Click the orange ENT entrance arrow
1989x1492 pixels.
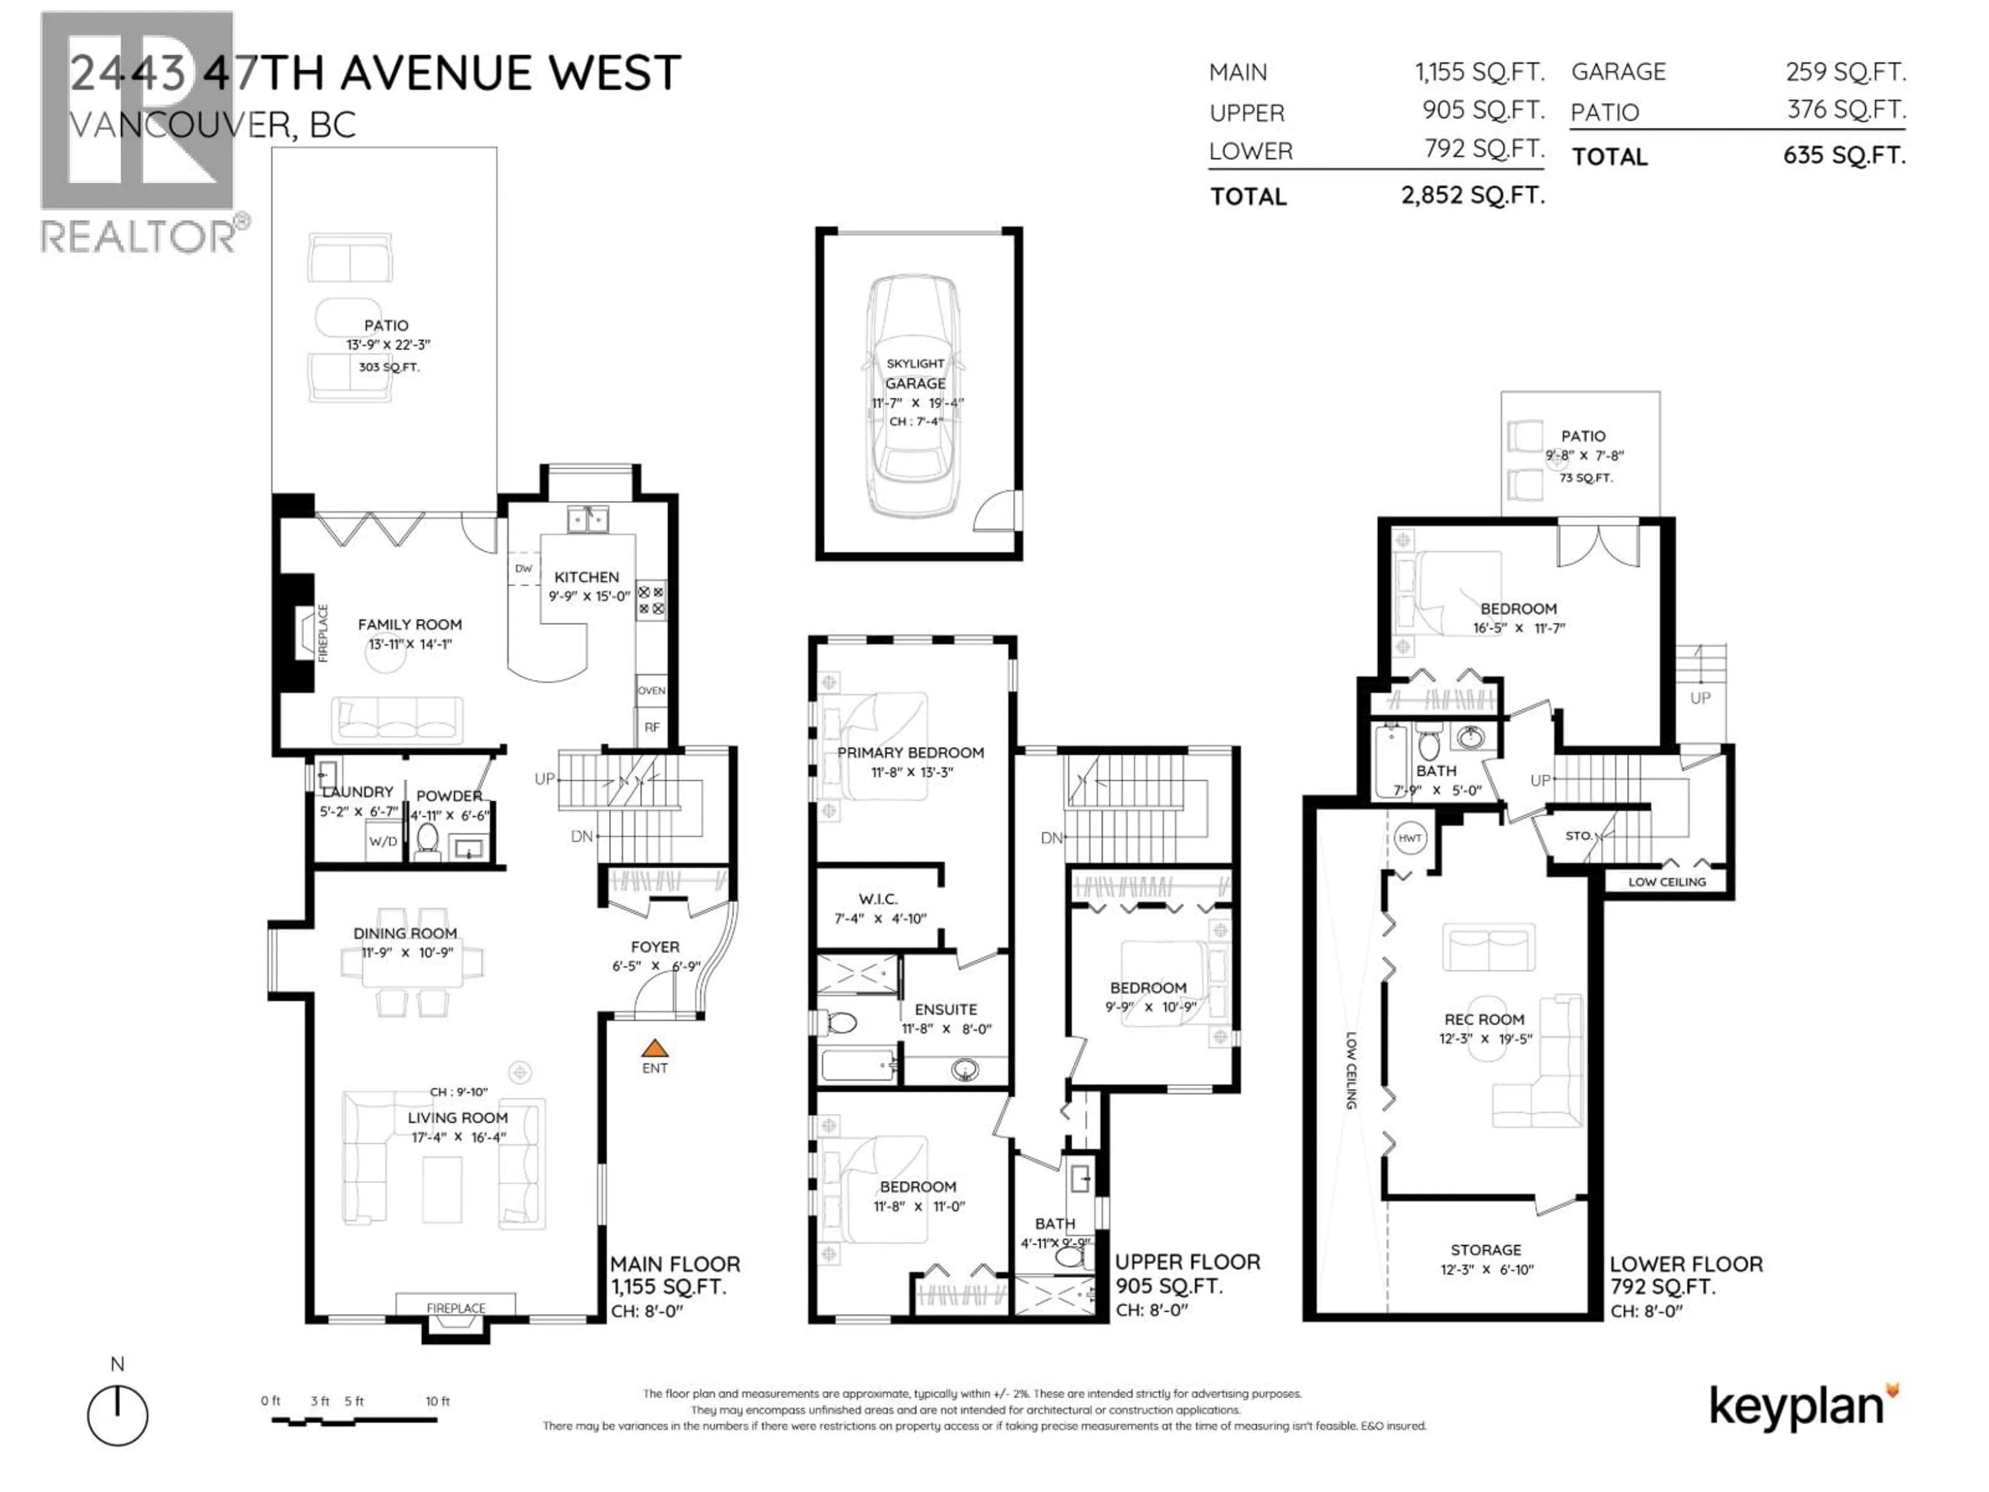point(655,1048)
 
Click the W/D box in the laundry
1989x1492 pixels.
point(383,842)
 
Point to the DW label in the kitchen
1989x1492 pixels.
point(523,568)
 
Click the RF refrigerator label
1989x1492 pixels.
point(652,727)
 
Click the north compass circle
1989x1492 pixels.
point(118,1415)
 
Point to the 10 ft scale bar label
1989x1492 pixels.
point(438,1401)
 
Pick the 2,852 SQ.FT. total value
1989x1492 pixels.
point(1472,195)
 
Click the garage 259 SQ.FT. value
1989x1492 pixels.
point(1845,72)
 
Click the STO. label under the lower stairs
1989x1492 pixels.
point(1578,836)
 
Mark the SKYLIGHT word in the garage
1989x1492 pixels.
point(915,363)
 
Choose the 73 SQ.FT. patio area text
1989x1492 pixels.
point(1586,478)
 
